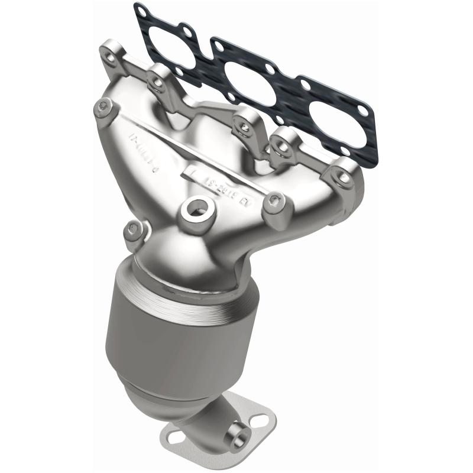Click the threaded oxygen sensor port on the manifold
click(x=196, y=209)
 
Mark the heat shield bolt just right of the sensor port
click(x=271, y=203)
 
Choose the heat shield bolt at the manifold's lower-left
click(x=133, y=229)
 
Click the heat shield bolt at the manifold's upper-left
click(x=104, y=106)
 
